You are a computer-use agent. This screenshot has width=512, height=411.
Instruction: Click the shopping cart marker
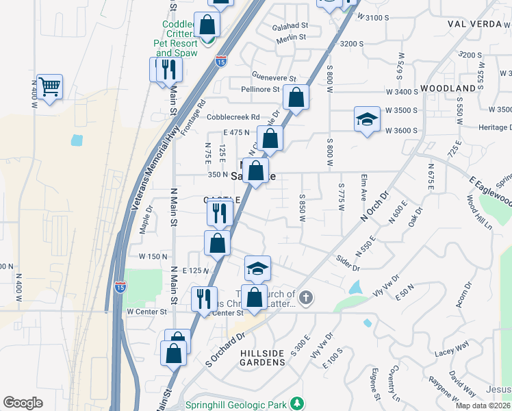click(49, 87)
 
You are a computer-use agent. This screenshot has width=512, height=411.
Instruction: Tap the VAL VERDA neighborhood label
click(479, 23)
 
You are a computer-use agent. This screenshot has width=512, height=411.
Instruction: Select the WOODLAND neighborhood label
click(448, 89)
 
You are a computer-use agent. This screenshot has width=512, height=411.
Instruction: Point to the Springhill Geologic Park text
click(237, 404)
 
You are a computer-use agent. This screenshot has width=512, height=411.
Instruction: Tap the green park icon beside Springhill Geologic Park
click(296, 403)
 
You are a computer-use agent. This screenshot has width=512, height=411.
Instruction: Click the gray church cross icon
click(306, 298)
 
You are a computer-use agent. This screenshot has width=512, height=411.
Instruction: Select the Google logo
click(23, 403)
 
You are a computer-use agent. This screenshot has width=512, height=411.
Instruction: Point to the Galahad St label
click(290, 25)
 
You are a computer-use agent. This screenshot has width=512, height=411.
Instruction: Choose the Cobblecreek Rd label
click(235, 117)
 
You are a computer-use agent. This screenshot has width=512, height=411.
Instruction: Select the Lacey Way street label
click(450, 351)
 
